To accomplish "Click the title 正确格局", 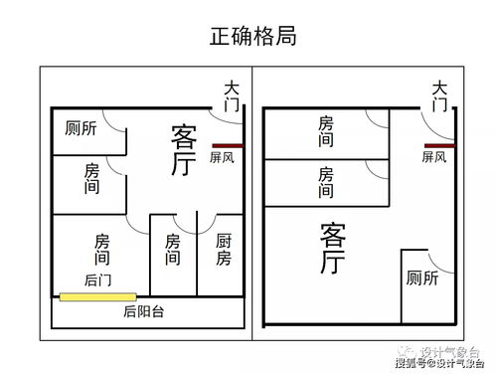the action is (252, 37).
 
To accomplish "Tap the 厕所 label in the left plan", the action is (81, 128).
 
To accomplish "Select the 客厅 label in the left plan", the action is (183, 150).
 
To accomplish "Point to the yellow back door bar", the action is (97, 296).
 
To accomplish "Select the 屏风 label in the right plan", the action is (434, 157).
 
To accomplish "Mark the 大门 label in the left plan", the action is (232, 95).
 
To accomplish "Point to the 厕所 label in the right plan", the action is (422, 279).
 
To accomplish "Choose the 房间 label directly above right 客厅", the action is (326, 182).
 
